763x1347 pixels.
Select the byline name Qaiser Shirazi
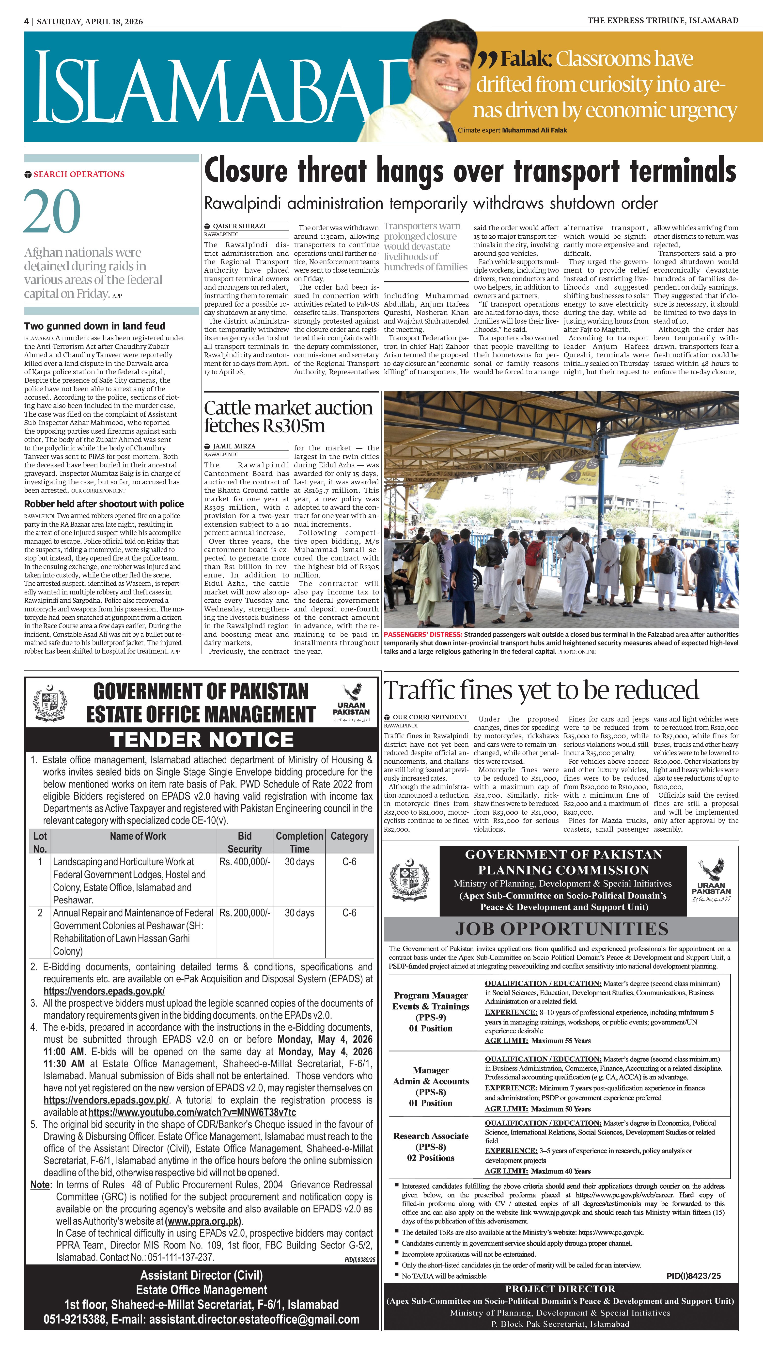(x=239, y=226)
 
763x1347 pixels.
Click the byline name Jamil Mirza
(x=234, y=446)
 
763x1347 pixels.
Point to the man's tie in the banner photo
(x=448, y=131)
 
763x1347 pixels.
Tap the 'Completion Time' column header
(x=299, y=841)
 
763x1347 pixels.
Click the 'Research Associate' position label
(x=431, y=1136)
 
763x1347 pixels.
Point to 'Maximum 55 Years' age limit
(x=560, y=1041)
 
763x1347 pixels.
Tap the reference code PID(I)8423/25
(x=693, y=1276)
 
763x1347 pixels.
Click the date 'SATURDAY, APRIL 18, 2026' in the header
(x=90, y=21)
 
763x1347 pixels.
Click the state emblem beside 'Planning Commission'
(x=411, y=880)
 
